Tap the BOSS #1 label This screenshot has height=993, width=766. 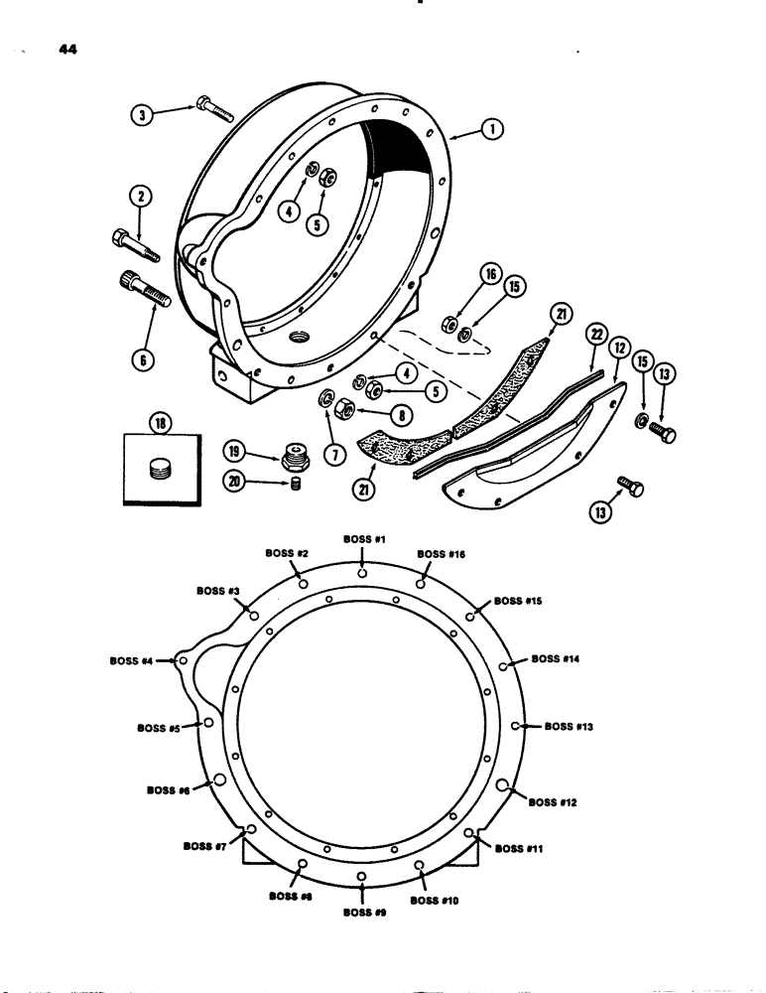[x=363, y=539]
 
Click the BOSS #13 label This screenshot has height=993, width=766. [x=569, y=726]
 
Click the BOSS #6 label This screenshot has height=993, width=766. [x=170, y=791]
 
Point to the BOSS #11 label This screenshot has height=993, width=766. [x=518, y=848]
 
